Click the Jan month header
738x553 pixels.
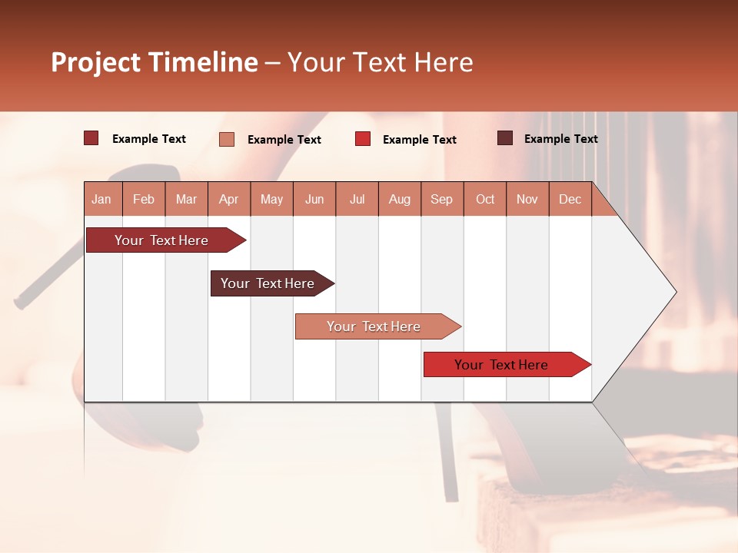(101, 199)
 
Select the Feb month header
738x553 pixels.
(144, 199)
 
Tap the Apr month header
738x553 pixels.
(228, 199)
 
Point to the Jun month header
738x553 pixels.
(314, 199)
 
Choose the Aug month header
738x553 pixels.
(399, 199)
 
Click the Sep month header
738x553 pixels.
(441, 199)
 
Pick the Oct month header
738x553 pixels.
(485, 199)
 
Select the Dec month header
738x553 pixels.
(570, 199)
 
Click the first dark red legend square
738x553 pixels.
(91, 138)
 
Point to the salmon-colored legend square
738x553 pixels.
(226, 139)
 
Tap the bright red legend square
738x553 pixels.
(363, 139)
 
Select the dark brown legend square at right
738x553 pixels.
(505, 138)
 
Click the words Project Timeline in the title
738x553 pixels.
(154, 62)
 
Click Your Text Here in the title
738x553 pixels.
(380, 62)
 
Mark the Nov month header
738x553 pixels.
(527, 199)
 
